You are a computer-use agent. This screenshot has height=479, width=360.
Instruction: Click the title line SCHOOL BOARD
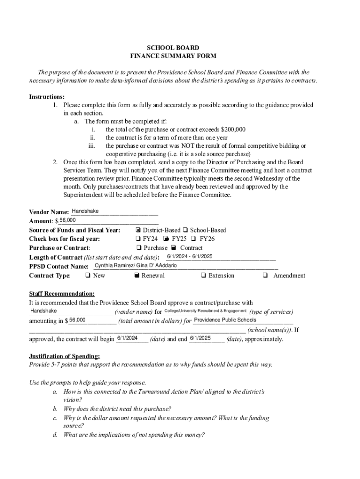[173, 48]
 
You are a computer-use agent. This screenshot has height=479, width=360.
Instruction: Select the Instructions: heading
[47, 97]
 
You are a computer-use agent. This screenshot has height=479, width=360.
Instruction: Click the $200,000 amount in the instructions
[230, 130]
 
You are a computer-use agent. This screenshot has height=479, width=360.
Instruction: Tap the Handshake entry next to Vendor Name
[85, 211]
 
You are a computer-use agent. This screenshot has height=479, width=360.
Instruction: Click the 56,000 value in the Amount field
[68, 220]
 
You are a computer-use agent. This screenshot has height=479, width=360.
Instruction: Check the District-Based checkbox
[138, 230]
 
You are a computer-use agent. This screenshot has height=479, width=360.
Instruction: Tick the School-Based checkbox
[186, 230]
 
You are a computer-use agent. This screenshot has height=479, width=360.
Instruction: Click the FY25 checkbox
[166, 239]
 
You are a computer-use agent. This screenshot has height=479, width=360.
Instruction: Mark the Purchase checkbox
[139, 248]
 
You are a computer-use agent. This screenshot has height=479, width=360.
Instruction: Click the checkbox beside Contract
[173, 248]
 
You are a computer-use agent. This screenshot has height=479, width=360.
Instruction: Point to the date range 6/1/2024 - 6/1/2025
[190, 256]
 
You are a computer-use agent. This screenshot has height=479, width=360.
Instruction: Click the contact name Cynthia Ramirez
[114, 265]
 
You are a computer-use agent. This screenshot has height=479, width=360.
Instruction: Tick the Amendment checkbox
[265, 276]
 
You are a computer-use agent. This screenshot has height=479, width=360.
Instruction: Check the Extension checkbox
[203, 276]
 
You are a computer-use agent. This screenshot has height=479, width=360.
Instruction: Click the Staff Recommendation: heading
[62, 294]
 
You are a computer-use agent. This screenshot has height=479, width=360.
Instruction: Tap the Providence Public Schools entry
[225, 320]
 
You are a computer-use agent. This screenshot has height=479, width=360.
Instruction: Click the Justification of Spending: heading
[64, 356]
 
